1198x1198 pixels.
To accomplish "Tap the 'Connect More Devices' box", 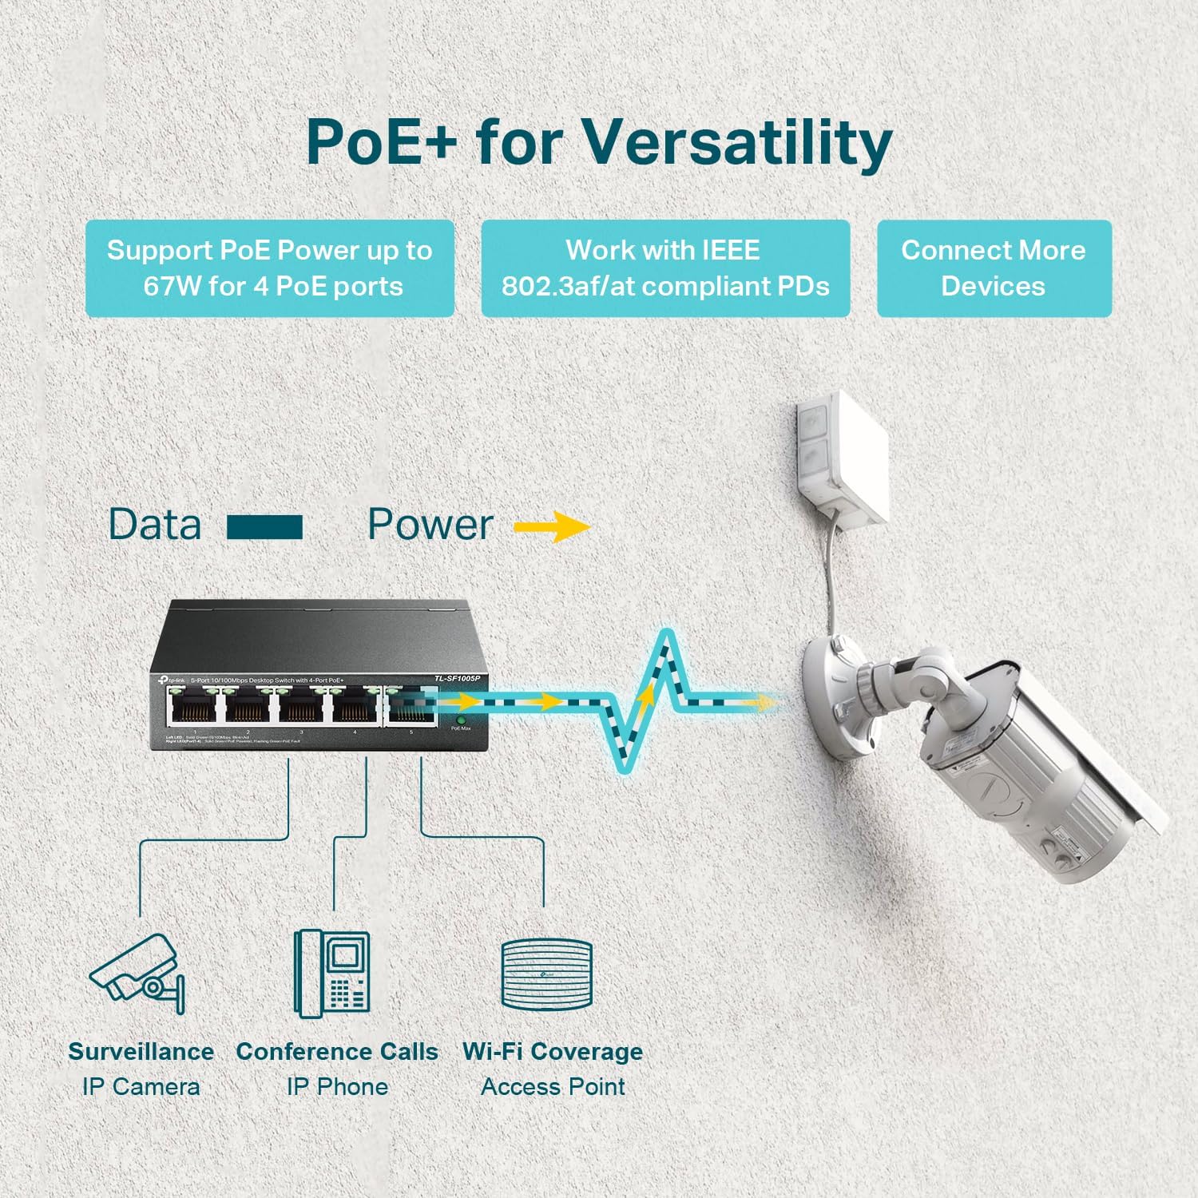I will click(x=994, y=268).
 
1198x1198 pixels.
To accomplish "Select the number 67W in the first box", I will click(x=173, y=286).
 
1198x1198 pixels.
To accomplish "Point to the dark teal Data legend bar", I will click(x=264, y=527).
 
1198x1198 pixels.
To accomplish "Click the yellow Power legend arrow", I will click(x=553, y=526).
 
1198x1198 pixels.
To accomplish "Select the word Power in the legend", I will click(x=430, y=525).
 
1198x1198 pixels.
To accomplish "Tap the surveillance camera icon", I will click(x=138, y=973).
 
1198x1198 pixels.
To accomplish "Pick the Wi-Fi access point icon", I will click(x=547, y=974).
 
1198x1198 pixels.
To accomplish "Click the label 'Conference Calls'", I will click(x=336, y=1051).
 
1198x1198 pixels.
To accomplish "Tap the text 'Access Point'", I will click(x=553, y=1086).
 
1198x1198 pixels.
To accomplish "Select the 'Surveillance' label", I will click(x=141, y=1051).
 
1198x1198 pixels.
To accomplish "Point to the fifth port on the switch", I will click(x=411, y=706).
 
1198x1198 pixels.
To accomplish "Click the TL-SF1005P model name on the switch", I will click(x=458, y=678).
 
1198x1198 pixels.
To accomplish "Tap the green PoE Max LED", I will click(x=461, y=720).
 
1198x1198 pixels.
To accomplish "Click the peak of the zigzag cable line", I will click(x=667, y=636).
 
